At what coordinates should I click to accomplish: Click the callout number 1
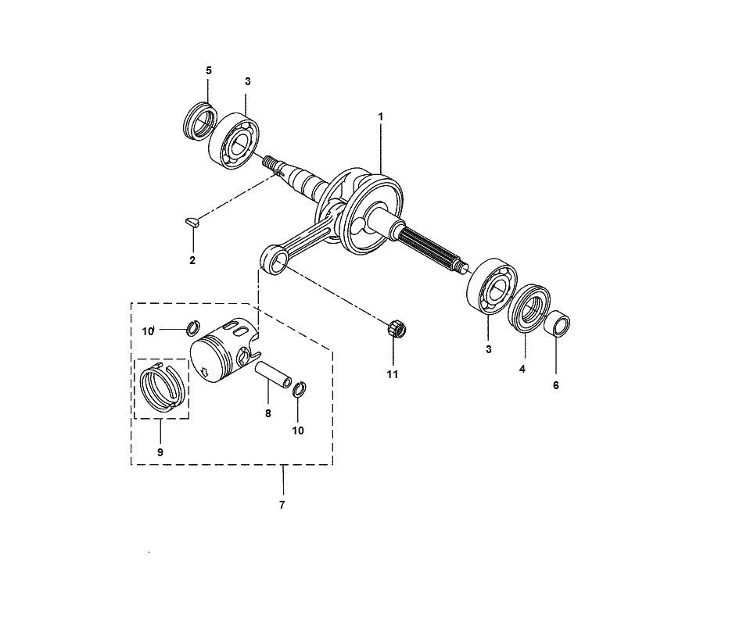tap(380, 116)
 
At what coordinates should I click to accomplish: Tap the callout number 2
tap(192, 260)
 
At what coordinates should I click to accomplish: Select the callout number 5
tap(209, 70)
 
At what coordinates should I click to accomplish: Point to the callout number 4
tap(522, 369)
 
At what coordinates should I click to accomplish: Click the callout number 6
tap(556, 385)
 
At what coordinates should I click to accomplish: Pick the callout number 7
tap(282, 505)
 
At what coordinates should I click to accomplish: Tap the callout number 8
tap(267, 413)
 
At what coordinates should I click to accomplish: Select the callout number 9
tap(160, 452)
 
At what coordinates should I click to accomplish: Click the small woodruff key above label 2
tap(192, 222)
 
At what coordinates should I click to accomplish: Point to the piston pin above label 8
tap(274, 374)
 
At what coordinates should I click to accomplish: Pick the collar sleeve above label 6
tap(556, 324)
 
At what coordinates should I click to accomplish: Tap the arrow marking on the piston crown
tap(205, 371)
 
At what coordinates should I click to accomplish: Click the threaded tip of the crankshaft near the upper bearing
tap(271, 162)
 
